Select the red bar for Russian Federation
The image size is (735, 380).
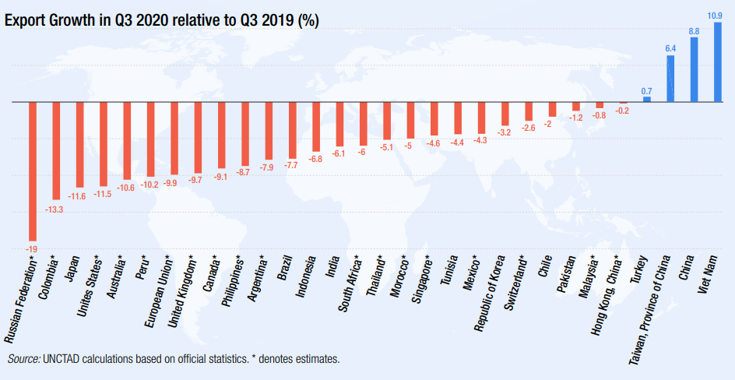33,171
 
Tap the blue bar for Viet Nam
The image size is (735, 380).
718,62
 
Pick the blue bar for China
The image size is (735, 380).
694,70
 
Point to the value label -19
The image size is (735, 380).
33,248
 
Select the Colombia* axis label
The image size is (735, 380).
46,277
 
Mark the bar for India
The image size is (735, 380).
339,124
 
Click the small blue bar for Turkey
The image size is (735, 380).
646,99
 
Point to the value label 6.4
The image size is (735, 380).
670,48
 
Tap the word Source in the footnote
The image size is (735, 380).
24,359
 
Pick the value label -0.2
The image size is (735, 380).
623,111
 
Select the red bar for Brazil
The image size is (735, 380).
292,130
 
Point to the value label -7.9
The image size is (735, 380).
269,167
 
